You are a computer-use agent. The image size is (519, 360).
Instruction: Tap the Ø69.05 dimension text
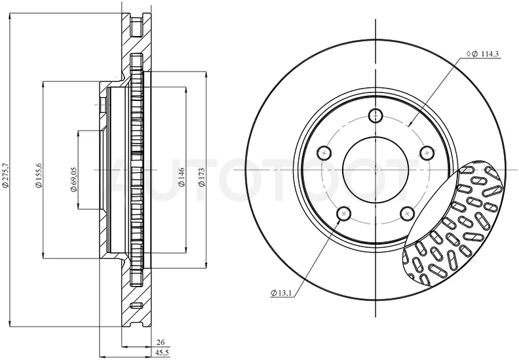coord(73,179)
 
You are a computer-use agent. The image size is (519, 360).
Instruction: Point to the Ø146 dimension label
coord(182,177)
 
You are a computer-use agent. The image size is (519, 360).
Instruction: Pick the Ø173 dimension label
coord(202,177)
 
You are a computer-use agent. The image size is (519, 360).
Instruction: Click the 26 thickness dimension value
coord(161,342)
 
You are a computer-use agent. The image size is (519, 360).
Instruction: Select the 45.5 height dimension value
coord(161,353)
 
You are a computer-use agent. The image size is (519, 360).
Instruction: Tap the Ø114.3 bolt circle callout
coord(483,54)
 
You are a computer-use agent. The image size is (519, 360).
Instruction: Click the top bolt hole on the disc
coord(375,115)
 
